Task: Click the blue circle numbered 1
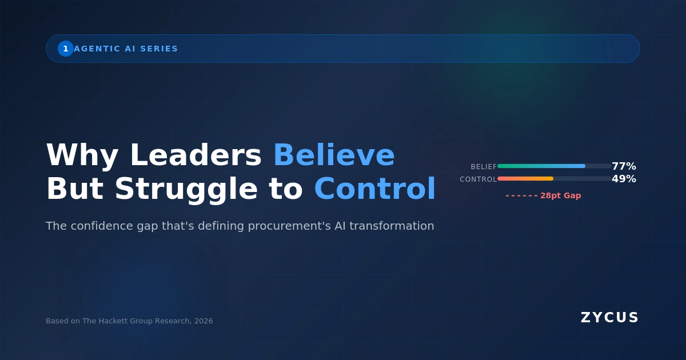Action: point(66,49)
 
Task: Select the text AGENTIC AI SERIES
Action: point(126,49)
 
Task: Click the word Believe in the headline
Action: point(334,155)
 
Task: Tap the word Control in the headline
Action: point(374,189)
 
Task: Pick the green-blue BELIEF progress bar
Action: point(541,166)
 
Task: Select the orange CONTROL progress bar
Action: point(525,179)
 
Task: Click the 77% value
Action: point(624,166)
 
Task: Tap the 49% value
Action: point(624,179)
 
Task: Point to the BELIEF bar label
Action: point(484,167)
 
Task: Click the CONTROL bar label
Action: point(478,179)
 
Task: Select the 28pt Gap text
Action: point(560,195)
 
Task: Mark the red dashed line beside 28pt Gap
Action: point(521,196)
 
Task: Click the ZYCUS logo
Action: point(609,318)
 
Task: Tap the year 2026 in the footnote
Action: point(204,321)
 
